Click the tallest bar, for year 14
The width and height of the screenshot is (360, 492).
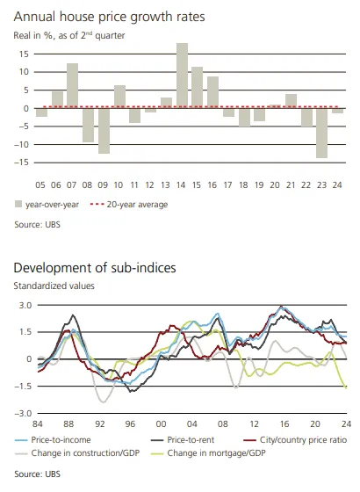click(183, 76)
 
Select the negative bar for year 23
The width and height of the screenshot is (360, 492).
click(321, 133)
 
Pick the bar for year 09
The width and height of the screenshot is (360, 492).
click(104, 131)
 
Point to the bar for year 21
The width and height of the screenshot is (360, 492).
click(291, 101)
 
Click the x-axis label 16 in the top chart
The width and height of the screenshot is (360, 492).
click(212, 185)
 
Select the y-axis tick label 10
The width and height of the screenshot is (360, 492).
click(24, 72)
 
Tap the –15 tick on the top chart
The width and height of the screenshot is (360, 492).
click(21, 163)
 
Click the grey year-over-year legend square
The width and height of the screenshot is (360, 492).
click(18, 204)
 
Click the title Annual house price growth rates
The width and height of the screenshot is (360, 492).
click(109, 17)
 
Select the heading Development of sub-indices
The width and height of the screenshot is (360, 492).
click(95, 268)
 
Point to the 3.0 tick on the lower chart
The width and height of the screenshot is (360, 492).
click(25, 306)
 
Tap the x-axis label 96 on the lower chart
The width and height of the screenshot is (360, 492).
click(130, 423)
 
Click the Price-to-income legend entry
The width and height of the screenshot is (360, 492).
click(53, 440)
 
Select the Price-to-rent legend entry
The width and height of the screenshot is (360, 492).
click(183, 440)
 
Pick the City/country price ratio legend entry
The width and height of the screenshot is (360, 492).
click(295, 440)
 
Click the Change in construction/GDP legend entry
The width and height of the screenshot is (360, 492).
click(77, 453)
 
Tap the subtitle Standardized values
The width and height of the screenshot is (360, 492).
click(54, 286)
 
